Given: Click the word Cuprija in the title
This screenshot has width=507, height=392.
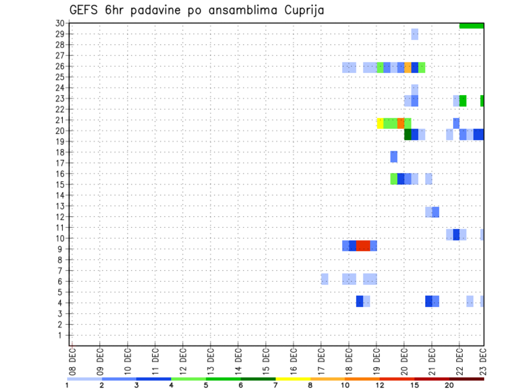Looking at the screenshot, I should (x=301, y=10).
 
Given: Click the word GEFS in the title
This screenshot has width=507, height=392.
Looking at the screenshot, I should (x=86, y=10).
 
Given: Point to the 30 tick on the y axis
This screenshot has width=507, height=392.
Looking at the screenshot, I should (x=60, y=23).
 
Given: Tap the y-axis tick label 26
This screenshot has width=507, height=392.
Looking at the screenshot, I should (x=60, y=67).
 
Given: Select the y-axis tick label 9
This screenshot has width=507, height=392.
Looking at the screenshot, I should (x=62, y=249).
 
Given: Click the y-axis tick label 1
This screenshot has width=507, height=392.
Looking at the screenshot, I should (x=62, y=335).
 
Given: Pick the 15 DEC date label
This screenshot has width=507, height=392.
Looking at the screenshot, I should (x=266, y=359).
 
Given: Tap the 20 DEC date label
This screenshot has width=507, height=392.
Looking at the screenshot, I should (x=404, y=359).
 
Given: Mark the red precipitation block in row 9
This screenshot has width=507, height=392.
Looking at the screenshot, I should (x=363, y=246).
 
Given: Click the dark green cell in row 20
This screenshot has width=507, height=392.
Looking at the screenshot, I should (x=408, y=135).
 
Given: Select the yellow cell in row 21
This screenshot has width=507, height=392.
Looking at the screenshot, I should (x=380, y=123).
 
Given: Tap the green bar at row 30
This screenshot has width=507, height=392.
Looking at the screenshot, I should (x=472, y=25).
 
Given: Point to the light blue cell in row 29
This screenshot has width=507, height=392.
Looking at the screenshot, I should (x=415, y=34).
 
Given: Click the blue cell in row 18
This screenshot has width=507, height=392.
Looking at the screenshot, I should (x=394, y=157).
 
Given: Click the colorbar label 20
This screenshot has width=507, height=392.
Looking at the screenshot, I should (x=449, y=385).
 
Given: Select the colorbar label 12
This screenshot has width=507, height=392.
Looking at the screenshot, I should (x=380, y=385).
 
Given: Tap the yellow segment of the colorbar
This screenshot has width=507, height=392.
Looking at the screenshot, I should (x=293, y=379).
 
